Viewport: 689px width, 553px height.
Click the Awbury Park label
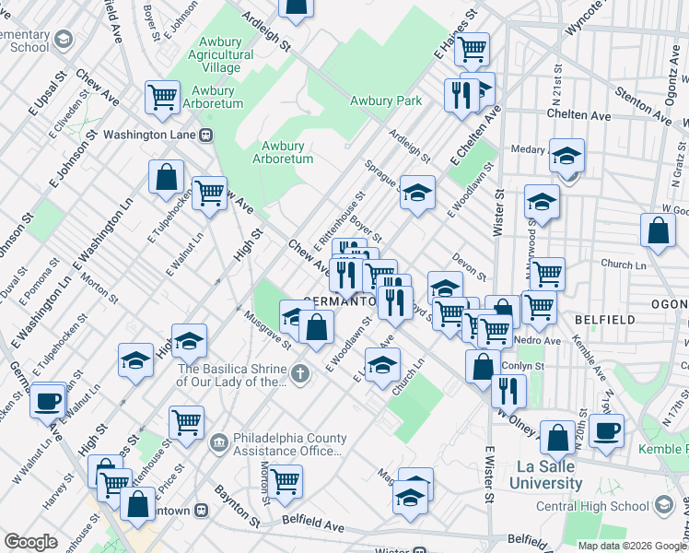click(385, 100)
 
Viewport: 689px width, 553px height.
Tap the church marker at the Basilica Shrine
click(300, 374)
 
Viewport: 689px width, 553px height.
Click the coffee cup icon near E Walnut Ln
click(47, 402)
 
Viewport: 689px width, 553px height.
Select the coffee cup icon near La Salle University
click(606, 430)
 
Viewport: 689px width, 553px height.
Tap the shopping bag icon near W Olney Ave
click(483, 367)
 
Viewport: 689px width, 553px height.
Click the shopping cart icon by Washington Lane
click(162, 96)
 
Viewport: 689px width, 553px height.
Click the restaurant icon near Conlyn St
click(508, 390)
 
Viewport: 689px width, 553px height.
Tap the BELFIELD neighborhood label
click(604, 319)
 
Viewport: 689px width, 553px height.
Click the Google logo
click(31, 541)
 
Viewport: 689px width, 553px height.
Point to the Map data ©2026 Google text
click(631, 545)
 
